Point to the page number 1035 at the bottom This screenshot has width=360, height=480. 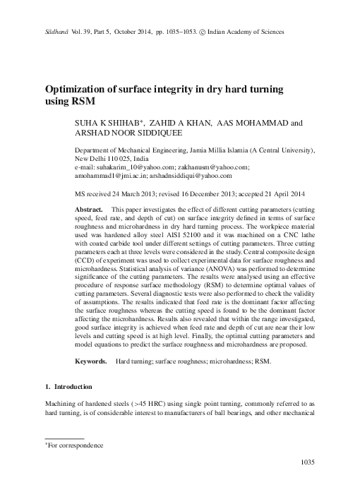[x=307, y=462]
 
